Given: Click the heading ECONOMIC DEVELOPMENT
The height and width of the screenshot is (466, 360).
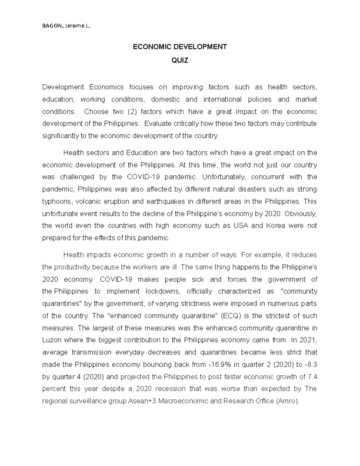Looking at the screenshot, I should tap(180, 47).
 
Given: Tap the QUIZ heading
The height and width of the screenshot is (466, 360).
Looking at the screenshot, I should tap(180, 61).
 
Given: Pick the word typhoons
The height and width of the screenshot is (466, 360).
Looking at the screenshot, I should tap(57, 201).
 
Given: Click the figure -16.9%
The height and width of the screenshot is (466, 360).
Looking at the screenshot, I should tap(219, 365).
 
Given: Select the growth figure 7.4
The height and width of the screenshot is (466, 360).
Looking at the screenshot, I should tap(312, 377).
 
